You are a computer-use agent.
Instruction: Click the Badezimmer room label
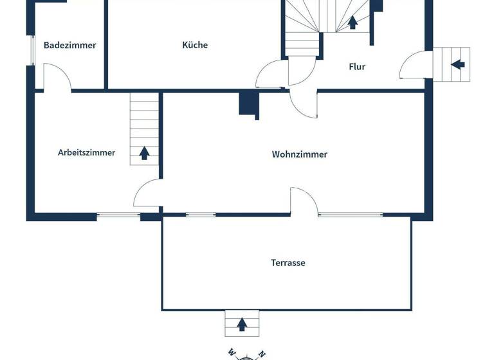click(70, 45)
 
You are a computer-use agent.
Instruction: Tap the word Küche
click(195, 45)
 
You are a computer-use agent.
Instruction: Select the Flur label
click(357, 66)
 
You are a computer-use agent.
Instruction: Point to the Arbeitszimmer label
click(87, 152)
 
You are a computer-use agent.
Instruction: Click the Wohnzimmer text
click(300, 154)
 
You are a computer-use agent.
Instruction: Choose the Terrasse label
click(288, 263)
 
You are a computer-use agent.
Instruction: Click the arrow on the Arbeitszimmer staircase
click(145, 153)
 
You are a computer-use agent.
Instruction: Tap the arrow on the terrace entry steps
click(242, 324)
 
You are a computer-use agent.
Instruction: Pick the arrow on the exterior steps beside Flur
click(457, 64)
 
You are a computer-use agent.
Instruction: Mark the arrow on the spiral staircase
click(352, 23)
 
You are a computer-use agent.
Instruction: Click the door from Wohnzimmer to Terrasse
click(304, 201)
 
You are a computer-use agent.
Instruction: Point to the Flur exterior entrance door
click(413, 66)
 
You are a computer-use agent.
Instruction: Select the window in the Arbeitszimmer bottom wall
click(118, 215)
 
